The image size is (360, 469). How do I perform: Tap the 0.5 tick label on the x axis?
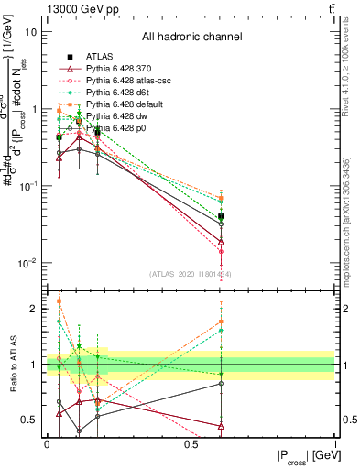[x=191, y=444]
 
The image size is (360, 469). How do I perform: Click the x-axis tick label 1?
[x=334, y=444]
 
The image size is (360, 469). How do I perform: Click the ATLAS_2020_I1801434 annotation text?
[x=191, y=273]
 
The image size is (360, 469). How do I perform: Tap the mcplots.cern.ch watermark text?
[x=348, y=220]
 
